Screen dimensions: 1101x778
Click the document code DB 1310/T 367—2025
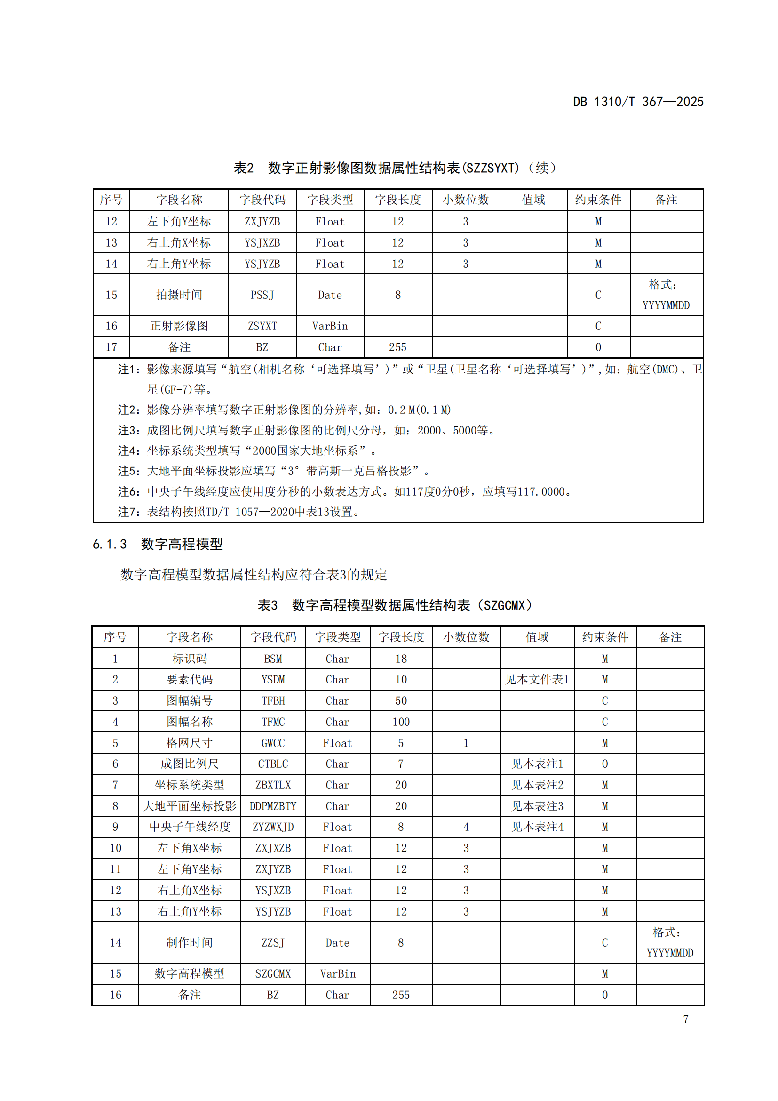[638, 102]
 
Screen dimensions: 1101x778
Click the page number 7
[685, 1020]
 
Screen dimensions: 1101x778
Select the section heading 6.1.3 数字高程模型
[158, 544]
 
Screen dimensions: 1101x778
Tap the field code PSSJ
[262, 295]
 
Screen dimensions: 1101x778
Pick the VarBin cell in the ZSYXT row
[330, 326]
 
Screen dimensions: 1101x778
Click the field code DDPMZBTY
[273, 806]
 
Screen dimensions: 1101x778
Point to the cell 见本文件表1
[537, 680]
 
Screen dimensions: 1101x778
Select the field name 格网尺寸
[189, 743]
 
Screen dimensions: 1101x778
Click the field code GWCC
[273, 743]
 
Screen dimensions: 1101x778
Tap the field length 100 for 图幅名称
[400, 722]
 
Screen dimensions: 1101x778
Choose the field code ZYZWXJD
[273, 827]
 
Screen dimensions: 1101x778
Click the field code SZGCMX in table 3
[273, 974]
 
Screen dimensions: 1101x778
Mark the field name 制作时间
[189, 943]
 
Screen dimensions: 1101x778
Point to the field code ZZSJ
[273, 943]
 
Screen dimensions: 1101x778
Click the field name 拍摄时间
[179, 295]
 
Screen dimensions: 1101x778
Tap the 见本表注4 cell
[537, 827]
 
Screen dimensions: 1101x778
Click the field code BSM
[273, 659]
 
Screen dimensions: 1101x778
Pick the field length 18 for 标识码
[400, 659]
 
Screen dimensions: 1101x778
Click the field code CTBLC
[273, 764]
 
